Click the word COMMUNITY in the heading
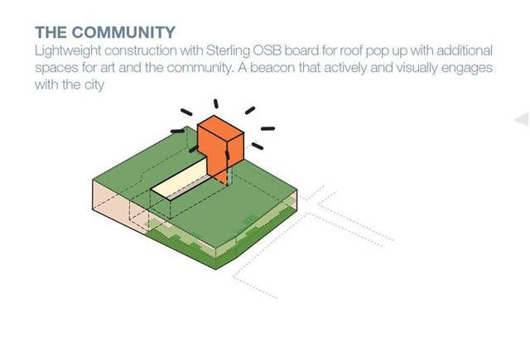pos(124,32)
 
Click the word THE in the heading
pos(51,32)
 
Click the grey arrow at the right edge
pos(522,120)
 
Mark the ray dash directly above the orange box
pos(216,104)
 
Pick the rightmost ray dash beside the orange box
pos(267,128)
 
